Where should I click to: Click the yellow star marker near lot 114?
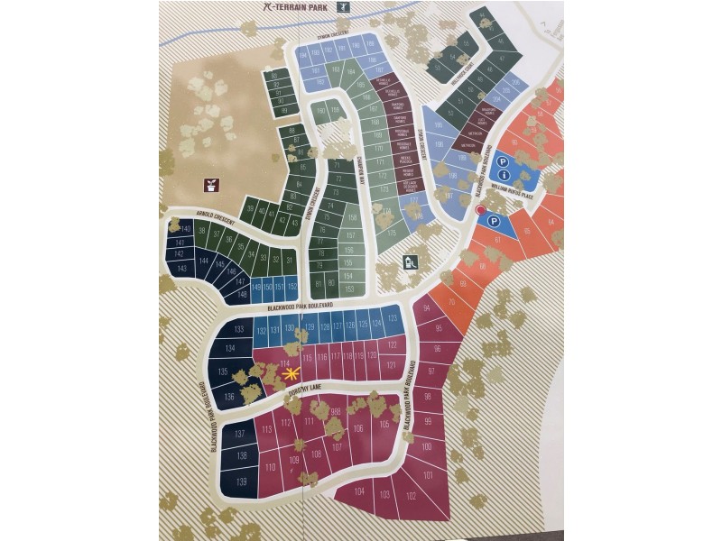290,372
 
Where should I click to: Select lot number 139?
241,481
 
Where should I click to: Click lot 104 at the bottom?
359,491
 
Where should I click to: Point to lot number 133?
239,330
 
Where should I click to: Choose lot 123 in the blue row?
392,318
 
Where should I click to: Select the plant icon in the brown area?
211,185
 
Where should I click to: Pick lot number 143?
181,269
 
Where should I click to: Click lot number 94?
426,311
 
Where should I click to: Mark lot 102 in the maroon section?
411,495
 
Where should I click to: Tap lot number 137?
240,434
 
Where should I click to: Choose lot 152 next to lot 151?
292,286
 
